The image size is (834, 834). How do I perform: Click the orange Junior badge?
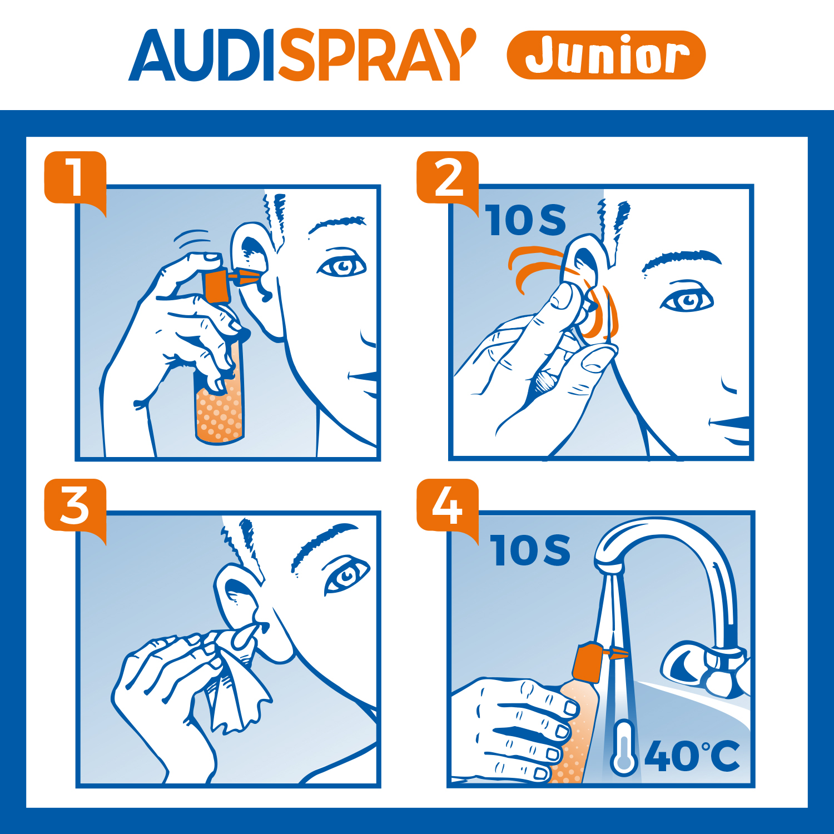tap(606, 54)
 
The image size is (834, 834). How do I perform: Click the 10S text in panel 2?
tap(526, 220)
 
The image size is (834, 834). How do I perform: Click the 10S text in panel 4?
tap(530, 550)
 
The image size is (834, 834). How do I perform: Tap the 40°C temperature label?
tap(693, 756)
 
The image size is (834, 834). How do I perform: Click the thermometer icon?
tap(623, 747)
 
